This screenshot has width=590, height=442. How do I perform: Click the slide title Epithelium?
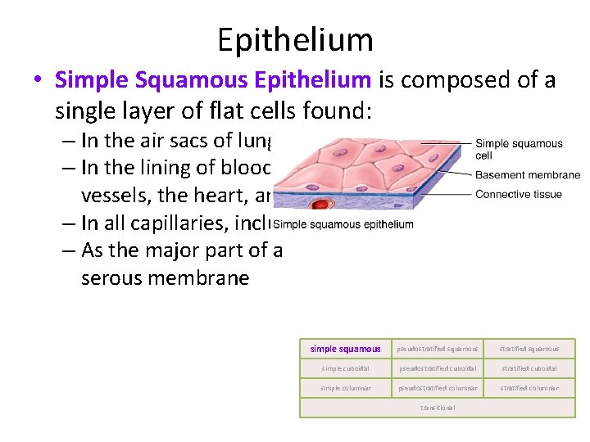click(x=295, y=39)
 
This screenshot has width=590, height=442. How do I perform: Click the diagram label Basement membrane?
click(x=528, y=175)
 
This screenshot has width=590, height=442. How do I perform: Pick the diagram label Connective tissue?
click(x=519, y=194)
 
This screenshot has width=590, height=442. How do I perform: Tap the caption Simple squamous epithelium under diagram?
click(x=343, y=224)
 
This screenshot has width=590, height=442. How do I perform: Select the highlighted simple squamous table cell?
click(x=345, y=349)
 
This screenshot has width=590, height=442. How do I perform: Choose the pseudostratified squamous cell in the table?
click(x=438, y=349)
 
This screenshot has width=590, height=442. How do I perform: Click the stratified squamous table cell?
click(x=529, y=349)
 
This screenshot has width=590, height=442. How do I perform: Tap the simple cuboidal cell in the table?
click(x=345, y=368)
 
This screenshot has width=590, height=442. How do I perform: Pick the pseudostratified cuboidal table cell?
click(x=438, y=368)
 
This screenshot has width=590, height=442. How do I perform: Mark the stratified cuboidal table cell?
click(x=529, y=368)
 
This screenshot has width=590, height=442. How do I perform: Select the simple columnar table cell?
click(x=345, y=388)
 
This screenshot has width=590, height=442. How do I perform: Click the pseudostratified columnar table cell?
click(x=438, y=388)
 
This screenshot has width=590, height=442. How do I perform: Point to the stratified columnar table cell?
click(x=529, y=388)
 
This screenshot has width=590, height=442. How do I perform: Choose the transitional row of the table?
click(x=438, y=408)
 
